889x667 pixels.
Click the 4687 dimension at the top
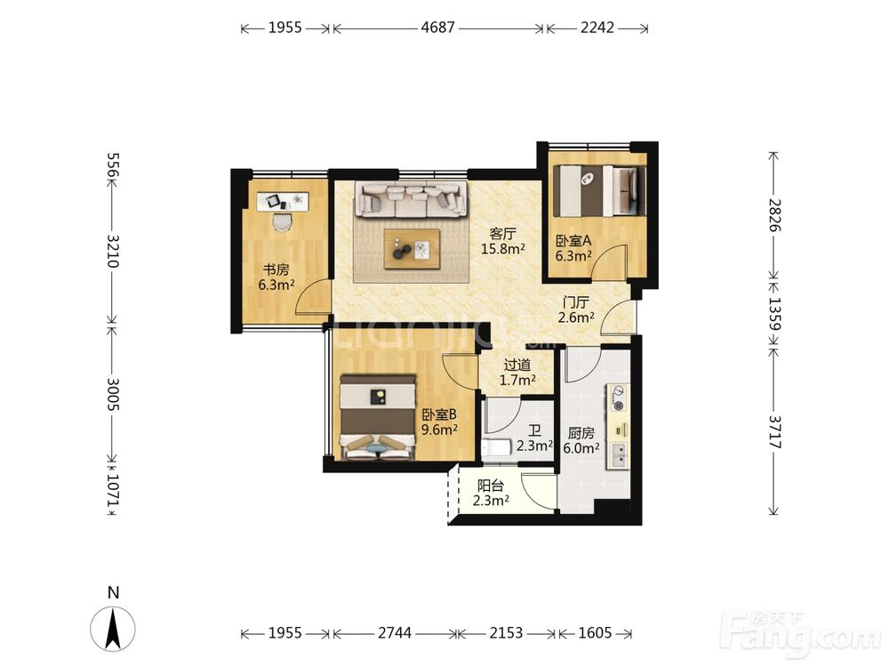pyautogui.click(x=437, y=28)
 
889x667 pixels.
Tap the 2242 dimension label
pyautogui.click(x=597, y=28)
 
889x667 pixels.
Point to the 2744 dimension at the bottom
pyautogui.click(x=395, y=632)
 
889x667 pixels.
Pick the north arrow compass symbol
pyautogui.click(x=113, y=629)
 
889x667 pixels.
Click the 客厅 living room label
pyautogui.click(x=502, y=234)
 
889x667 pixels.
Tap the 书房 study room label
pyautogui.click(x=276, y=269)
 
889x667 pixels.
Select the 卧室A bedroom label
pyautogui.click(x=573, y=240)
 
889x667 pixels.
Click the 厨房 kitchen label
pyautogui.click(x=581, y=433)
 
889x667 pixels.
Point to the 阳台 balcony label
pyautogui.click(x=491, y=486)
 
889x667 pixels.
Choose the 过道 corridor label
pyautogui.click(x=517, y=365)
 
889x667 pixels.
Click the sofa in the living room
pyautogui.click(x=411, y=199)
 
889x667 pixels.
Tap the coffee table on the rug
pyautogui.click(x=412, y=248)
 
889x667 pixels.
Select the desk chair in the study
pyautogui.click(x=282, y=221)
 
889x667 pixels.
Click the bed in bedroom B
pyautogui.click(x=378, y=417)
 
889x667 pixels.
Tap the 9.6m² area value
pyautogui.click(x=439, y=430)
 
